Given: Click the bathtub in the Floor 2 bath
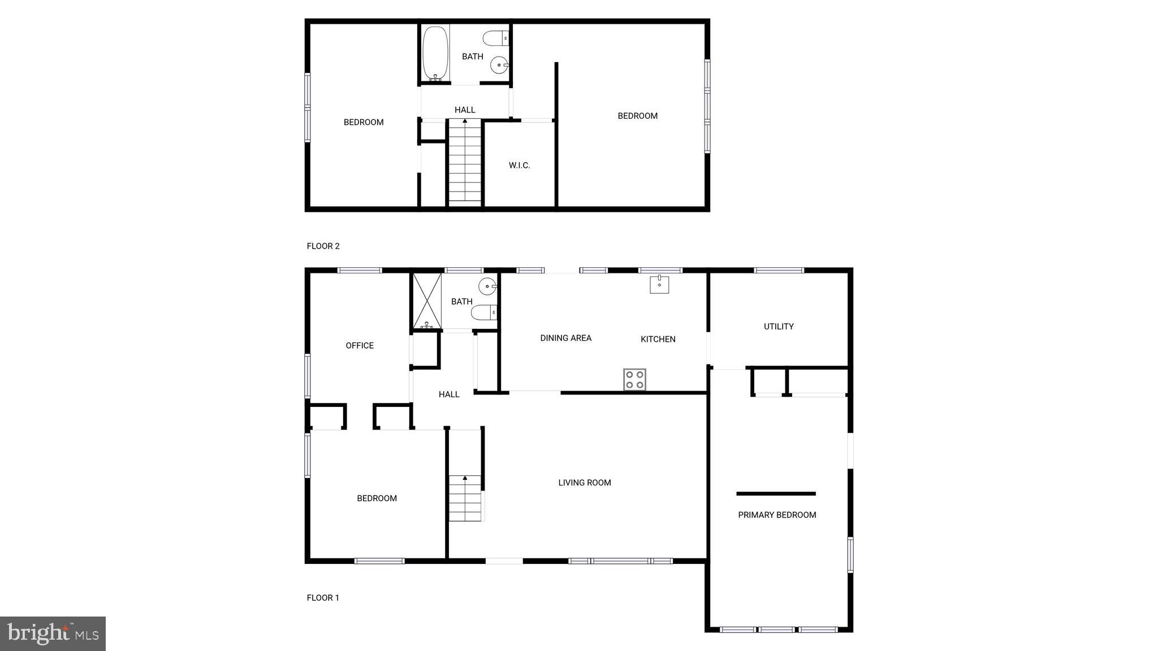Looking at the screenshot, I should [436, 53].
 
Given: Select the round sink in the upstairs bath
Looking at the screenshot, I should [499, 65].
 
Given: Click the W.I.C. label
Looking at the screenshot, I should [519, 166].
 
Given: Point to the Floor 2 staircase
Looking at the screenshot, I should [465, 162].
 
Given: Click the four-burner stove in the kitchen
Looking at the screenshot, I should [634, 379].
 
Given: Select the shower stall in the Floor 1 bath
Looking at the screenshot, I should [427, 301].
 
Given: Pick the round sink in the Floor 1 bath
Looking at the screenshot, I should [487, 287].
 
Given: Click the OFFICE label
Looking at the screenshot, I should [360, 345].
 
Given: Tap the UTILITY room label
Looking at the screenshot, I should [779, 327].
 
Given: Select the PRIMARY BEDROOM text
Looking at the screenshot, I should [777, 515].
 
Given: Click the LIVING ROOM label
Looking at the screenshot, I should [585, 483].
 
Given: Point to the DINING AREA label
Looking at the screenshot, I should [565, 338].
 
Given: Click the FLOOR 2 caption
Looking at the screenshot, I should [323, 246].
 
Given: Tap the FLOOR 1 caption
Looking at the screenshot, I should [323, 598].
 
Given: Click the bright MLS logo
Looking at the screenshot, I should [53, 633].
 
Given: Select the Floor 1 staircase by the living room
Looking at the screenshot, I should [465, 498].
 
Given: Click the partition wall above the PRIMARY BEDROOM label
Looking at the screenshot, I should [776, 494].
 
